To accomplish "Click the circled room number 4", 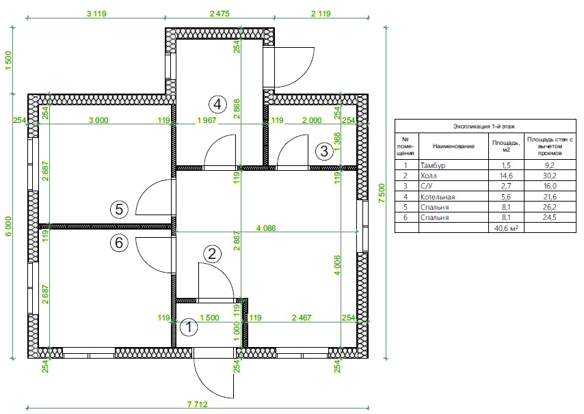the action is click(x=217, y=104).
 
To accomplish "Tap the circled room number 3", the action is click(x=324, y=151).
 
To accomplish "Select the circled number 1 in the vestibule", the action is click(x=189, y=327).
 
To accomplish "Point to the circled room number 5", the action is click(x=119, y=209).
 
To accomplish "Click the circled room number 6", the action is click(x=119, y=243).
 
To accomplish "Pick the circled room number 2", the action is click(x=212, y=254).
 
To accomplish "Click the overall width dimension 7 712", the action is click(x=198, y=404).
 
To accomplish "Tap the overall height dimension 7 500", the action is click(x=382, y=193).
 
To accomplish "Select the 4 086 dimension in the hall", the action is click(x=266, y=228).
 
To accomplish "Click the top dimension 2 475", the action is click(x=220, y=14).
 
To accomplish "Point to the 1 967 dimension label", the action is click(x=207, y=120).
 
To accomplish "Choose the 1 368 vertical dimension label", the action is click(x=337, y=143).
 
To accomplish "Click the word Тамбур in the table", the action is click(x=433, y=165).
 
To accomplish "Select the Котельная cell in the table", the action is click(x=438, y=197).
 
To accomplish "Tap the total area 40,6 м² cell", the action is click(x=506, y=228).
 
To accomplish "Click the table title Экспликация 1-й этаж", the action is click(x=484, y=126).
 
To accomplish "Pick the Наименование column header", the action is click(x=453, y=146).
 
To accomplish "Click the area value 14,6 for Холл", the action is click(x=506, y=176).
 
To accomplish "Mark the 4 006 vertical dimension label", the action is click(x=337, y=265).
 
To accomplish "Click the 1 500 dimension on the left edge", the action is click(x=9, y=61).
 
